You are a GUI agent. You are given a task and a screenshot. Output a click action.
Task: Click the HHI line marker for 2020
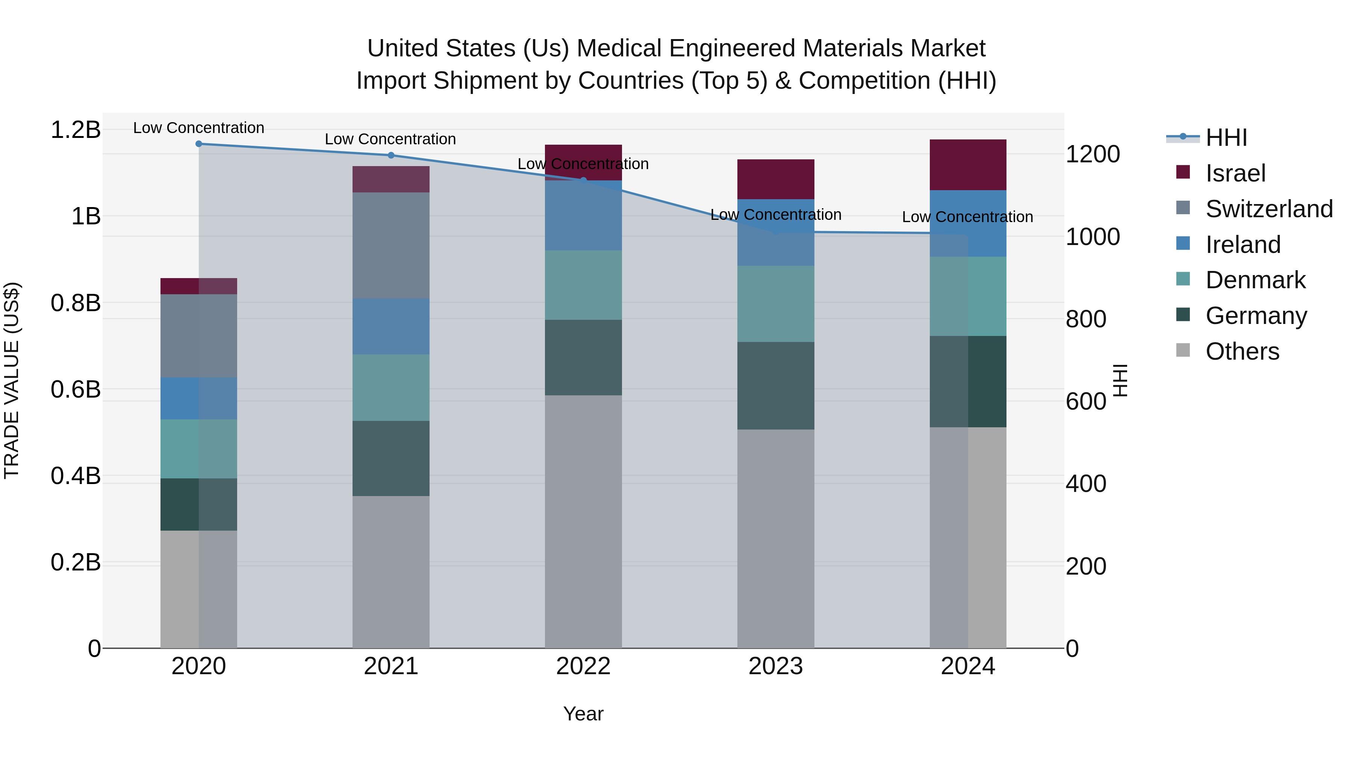[x=198, y=144]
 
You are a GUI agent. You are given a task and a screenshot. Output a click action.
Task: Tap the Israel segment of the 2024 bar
[x=968, y=164]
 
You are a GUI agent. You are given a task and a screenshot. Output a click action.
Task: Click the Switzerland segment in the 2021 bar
[x=391, y=245]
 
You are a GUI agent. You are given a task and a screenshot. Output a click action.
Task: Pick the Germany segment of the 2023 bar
[x=776, y=386]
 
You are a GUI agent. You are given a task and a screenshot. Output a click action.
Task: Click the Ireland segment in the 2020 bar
[x=198, y=398]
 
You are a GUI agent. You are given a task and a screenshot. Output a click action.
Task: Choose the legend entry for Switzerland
[x=1268, y=209]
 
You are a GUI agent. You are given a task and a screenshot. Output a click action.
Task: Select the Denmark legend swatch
[x=1183, y=279]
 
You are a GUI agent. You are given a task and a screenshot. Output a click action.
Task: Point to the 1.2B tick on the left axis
[x=75, y=130]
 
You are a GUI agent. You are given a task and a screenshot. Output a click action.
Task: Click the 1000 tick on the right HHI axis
[x=1093, y=237]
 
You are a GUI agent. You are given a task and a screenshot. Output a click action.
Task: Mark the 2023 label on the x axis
[x=776, y=666]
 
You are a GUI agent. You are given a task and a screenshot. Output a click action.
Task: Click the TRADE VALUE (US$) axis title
[x=12, y=380]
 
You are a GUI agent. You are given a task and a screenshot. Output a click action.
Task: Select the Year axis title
[x=583, y=714]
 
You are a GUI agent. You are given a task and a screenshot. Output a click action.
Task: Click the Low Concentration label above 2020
[x=198, y=128]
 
